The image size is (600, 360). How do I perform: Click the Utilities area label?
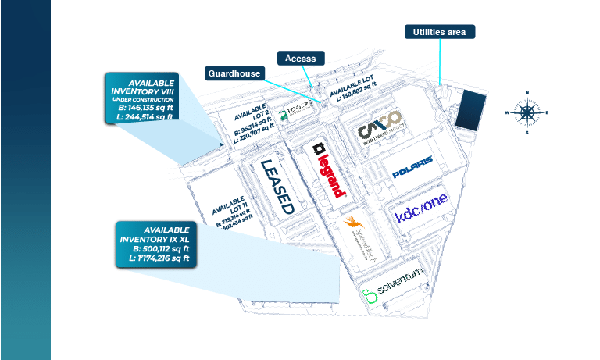tap(440, 32)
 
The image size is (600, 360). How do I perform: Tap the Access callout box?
tap(301, 59)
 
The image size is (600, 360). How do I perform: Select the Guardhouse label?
tap(234, 73)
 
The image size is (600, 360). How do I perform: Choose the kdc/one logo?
tap(422, 212)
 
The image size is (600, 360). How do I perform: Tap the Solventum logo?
tap(395, 294)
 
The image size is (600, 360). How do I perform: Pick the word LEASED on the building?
tap(277, 187)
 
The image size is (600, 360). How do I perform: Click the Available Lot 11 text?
tap(231, 212)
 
